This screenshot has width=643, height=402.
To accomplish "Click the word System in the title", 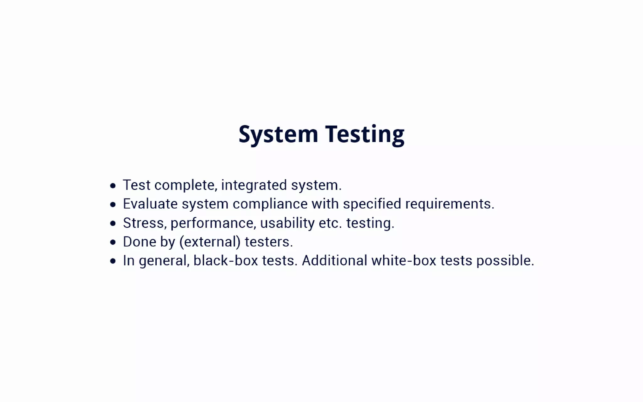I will (278, 134).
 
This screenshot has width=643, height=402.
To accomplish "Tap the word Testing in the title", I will (365, 134).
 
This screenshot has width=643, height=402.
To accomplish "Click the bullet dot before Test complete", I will (113, 186).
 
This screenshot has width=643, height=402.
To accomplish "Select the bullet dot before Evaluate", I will (113, 204).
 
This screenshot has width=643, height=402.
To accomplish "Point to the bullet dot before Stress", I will (113, 223).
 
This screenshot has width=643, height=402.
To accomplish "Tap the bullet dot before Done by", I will (113, 242).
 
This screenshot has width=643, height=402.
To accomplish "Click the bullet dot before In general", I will (113, 261).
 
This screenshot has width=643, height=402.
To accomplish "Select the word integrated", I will (254, 185).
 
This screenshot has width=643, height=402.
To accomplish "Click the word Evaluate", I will (150, 204).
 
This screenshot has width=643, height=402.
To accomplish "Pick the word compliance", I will (270, 204).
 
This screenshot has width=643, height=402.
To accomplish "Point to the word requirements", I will (450, 204).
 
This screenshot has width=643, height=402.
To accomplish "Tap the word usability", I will (287, 223).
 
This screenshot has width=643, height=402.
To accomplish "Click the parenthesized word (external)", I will (210, 242).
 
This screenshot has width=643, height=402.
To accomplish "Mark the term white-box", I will (404, 261).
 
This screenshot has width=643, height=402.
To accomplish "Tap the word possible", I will (505, 261).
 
